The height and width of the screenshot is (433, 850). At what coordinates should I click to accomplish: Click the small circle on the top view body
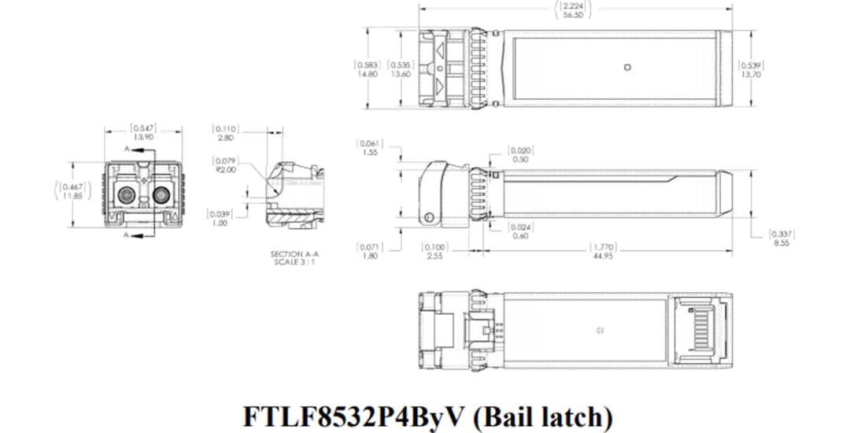tap(626, 67)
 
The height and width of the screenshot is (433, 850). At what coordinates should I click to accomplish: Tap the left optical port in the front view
tap(126, 194)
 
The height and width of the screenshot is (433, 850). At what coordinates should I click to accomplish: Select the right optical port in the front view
tap(162, 194)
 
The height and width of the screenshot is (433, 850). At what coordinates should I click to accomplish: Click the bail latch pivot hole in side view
tap(429, 217)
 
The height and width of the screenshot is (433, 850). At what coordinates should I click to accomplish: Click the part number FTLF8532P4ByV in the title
tap(355, 415)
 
